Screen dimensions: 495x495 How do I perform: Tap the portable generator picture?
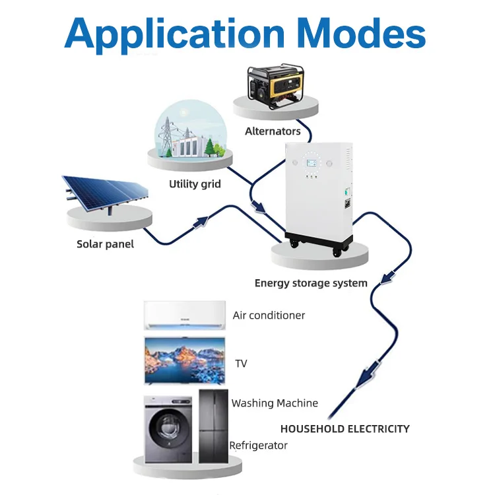click(x=276, y=83)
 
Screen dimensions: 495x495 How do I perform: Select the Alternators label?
click(x=273, y=131)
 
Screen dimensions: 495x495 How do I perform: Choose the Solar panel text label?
click(x=105, y=244)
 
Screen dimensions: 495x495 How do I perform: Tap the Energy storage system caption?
click(x=311, y=283)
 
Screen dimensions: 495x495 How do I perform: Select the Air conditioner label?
click(x=269, y=315)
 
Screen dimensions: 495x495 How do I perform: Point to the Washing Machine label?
click(x=275, y=403)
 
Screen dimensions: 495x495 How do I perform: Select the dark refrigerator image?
click(x=213, y=426)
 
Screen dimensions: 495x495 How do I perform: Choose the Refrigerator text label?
click(x=259, y=445)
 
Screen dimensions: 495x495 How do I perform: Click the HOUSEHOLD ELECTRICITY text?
click(x=345, y=429)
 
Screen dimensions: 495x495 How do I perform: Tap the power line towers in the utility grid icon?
click(x=166, y=137)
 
